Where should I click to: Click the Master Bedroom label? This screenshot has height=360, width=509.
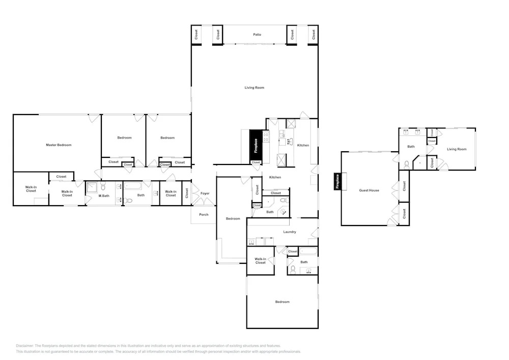pyautogui.click(x=59, y=145)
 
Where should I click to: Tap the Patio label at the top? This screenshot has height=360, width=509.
pyautogui.click(x=257, y=35)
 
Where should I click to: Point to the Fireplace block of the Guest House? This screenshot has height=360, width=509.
pyautogui.click(x=337, y=181)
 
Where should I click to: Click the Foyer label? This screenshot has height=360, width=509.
pyautogui.click(x=205, y=193)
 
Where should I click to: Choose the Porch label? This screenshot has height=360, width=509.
pyautogui.click(x=204, y=214)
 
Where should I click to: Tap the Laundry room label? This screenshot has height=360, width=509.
pyautogui.click(x=290, y=232)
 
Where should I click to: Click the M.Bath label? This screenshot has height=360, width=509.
pyautogui.click(x=104, y=196)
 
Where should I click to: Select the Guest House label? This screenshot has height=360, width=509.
pyautogui.click(x=369, y=190)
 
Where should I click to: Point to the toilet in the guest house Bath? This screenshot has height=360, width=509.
pyautogui.click(x=406, y=164)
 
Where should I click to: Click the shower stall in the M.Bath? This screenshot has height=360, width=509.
pyautogui.click(x=92, y=188)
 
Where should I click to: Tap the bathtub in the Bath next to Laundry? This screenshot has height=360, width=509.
pyautogui.click(x=308, y=251)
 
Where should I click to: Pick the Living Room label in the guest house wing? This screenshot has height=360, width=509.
pyautogui.click(x=457, y=149)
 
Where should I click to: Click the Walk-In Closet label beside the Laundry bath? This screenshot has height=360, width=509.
pyautogui.click(x=260, y=261)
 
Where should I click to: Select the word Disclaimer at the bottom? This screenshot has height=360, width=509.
pyautogui.click(x=24, y=346)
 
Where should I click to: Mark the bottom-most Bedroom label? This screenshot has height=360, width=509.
pyautogui.click(x=282, y=302)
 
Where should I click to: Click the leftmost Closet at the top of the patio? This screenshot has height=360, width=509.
pyautogui.click(x=196, y=35)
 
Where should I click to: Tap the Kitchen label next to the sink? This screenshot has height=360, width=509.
pyautogui.click(x=303, y=145)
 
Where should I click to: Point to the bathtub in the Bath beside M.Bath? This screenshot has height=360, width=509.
pyautogui.click(x=133, y=186)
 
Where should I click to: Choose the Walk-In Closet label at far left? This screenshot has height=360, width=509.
pyautogui.click(x=31, y=189)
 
